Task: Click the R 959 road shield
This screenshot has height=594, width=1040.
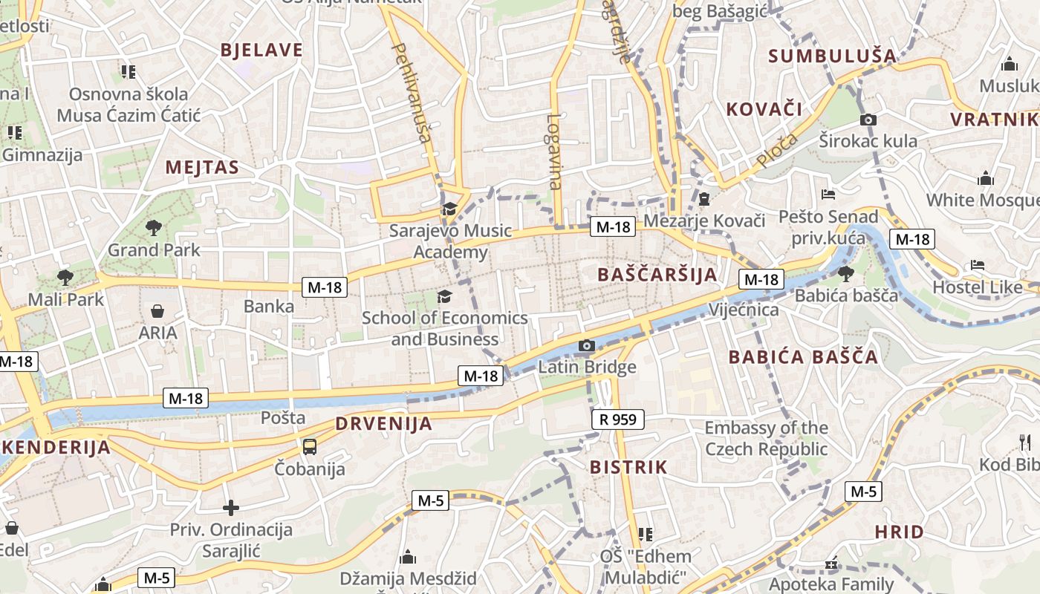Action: pyautogui.click(x=618, y=420)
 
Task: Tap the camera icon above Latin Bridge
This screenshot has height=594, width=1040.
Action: pyautogui.click(x=587, y=345)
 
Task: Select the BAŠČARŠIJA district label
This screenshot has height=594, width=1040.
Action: pyautogui.click(x=657, y=275)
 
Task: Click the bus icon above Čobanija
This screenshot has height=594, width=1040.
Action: pyautogui.click(x=310, y=446)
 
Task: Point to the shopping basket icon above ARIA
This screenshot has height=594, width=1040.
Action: pyautogui.click(x=157, y=310)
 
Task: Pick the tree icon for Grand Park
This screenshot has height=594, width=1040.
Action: pyautogui.click(x=154, y=228)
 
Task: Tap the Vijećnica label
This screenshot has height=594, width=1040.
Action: pyautogui.click(x=744, y=310)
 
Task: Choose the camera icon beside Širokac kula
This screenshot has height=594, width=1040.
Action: pyautogui.click(x=868, y=120)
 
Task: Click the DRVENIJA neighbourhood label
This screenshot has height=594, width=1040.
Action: pyautogui.click(x=383, y=424)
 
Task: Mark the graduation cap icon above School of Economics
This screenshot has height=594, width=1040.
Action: pyautogui.click(x=444, y=297)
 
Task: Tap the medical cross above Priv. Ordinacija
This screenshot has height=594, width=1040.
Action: pyautogui.click(x=231, y=508)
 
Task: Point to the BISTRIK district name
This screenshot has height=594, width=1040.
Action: pyautogui.click(x=628, y=468)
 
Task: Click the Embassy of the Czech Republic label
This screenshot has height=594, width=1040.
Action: pyautogui.click(x=766, y=438)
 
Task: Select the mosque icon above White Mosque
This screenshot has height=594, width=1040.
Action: pyautogui.click(x=986, y=178)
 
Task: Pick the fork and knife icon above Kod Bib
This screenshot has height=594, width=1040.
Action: pyautogui.click(x=1025, y=443)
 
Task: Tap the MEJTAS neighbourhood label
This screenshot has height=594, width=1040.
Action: pyautogui.click(x=202, y=167)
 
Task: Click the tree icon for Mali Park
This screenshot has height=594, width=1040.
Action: pyautogui.click(x=65, y=278)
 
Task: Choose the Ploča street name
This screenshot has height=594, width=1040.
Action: pyautogui.click(x=777, y=150)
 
